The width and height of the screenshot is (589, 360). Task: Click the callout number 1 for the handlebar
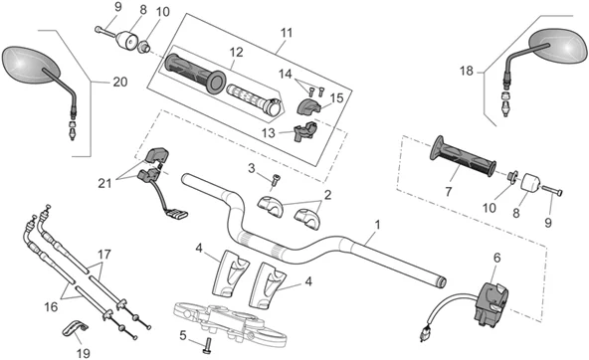(x=377, y=225)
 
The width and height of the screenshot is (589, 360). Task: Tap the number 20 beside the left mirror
(x=120, y=82)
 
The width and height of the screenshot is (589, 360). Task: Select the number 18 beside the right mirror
(x=467, y=71)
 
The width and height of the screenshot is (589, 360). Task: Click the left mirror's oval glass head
(x=31, y=65)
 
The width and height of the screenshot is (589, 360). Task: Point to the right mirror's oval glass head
(x=558, y=46)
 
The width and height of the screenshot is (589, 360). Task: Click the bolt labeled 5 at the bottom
(x=207, y=345)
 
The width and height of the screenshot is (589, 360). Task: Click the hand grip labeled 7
(x=463, y=156)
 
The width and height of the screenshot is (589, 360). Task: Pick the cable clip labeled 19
(x=75, y=329)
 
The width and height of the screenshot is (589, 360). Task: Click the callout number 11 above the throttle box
(x=287, y=33)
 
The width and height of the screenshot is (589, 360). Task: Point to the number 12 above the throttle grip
(x=236, y=52)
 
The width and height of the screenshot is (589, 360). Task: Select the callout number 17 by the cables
(x=104, y=255)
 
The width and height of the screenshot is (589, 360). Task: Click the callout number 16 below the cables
(x=51, y=307)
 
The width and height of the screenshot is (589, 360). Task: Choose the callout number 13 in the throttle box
(x=269, y=133)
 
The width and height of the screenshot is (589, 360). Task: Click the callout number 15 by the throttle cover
(x=337, y=98)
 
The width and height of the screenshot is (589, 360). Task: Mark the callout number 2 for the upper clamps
(x=327, y=195)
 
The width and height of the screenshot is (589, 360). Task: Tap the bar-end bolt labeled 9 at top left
(x=104, y=32)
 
